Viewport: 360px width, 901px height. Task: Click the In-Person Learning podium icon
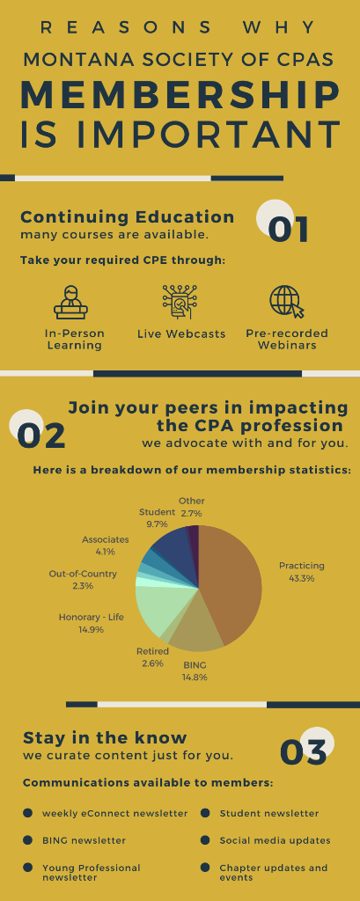click(70, 303)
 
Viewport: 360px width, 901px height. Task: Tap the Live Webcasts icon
click(180, 302)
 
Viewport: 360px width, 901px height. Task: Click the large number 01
click(289, 230)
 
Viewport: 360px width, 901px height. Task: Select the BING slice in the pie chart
click(195, 629)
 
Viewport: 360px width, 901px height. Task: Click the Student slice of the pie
click(170, 549)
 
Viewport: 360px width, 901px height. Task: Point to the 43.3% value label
click(301, 579)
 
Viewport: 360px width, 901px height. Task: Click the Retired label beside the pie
click(152, 651)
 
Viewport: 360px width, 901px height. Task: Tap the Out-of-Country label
click(83, 574)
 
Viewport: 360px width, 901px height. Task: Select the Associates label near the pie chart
click(106, 539)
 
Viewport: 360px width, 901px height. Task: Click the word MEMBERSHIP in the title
click(180, 95)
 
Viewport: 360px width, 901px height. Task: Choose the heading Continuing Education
click(128, 217)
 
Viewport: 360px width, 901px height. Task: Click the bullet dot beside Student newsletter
click(205, 813)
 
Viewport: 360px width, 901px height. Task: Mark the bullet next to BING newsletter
click(27, 840)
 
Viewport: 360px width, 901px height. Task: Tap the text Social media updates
click(275, 840)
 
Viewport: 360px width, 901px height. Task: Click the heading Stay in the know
click(106, 738)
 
